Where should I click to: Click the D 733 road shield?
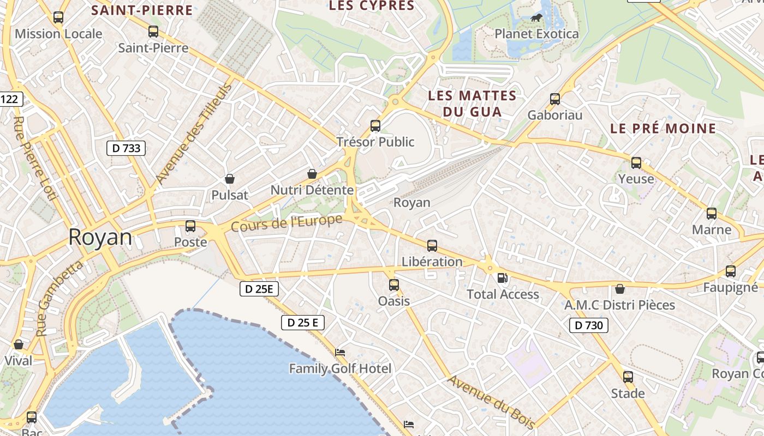click(x=126, y=148)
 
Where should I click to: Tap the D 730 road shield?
click(x=589, y=326)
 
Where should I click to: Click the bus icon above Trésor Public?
click(x=375, y=126)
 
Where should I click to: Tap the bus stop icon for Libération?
click(x=432, y=246)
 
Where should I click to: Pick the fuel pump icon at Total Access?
click(x=502, y=278)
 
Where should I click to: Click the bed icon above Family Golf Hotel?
click(x=340, y=353)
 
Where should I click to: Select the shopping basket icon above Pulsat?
click(x=230, y=179)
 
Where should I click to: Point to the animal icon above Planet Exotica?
click(x=536, y=18)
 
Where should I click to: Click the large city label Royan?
click(x=100, y=238)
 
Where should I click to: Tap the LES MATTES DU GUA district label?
click(x=472, y=104)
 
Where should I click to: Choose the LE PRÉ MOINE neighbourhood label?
click(x=663, y=129)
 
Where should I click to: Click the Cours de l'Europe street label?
click(x=287, y=222)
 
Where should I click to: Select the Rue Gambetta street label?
click(x=59, y=298)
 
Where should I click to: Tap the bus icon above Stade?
click(x=628, y=377)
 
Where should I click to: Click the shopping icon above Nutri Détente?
click(x=312, y=174)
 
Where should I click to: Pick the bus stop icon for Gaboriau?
click(x=555, y=99)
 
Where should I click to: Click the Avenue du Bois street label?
click(x=491, y=402)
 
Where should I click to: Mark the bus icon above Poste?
click(x=190, y=226)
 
